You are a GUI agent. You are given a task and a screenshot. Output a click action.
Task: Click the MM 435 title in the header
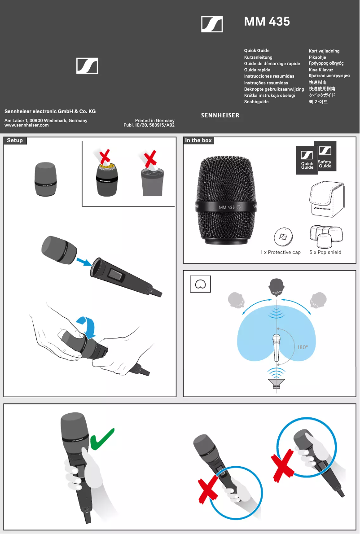coord(267,22)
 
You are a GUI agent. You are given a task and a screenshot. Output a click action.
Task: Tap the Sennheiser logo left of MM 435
coord(212,24)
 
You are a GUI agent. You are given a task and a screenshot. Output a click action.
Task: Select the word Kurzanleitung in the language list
coord(258,57)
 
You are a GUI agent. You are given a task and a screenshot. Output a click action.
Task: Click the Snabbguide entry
coord(256,101)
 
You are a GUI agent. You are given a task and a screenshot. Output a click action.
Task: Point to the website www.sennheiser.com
coord(26,125)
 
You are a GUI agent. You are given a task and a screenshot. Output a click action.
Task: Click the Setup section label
coord(15,140)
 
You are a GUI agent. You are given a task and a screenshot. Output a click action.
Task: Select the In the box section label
coord(198,140)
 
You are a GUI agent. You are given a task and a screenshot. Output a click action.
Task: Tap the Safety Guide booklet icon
coord(325,156)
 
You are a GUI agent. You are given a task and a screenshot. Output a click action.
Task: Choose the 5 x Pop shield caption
coord(325,252)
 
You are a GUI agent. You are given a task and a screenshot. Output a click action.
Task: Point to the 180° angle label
coord(303,347)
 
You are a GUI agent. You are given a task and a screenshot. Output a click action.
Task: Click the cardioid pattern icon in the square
coord(200,284)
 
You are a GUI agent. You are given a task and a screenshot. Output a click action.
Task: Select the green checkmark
coord(102,439)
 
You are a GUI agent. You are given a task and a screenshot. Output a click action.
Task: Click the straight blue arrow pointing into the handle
coord(84,262)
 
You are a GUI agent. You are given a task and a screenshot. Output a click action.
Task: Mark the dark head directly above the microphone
coord(276,287)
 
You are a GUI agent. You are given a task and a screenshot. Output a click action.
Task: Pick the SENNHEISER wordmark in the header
coord(220,115)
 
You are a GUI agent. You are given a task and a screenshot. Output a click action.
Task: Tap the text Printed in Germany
coord(154,121)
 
